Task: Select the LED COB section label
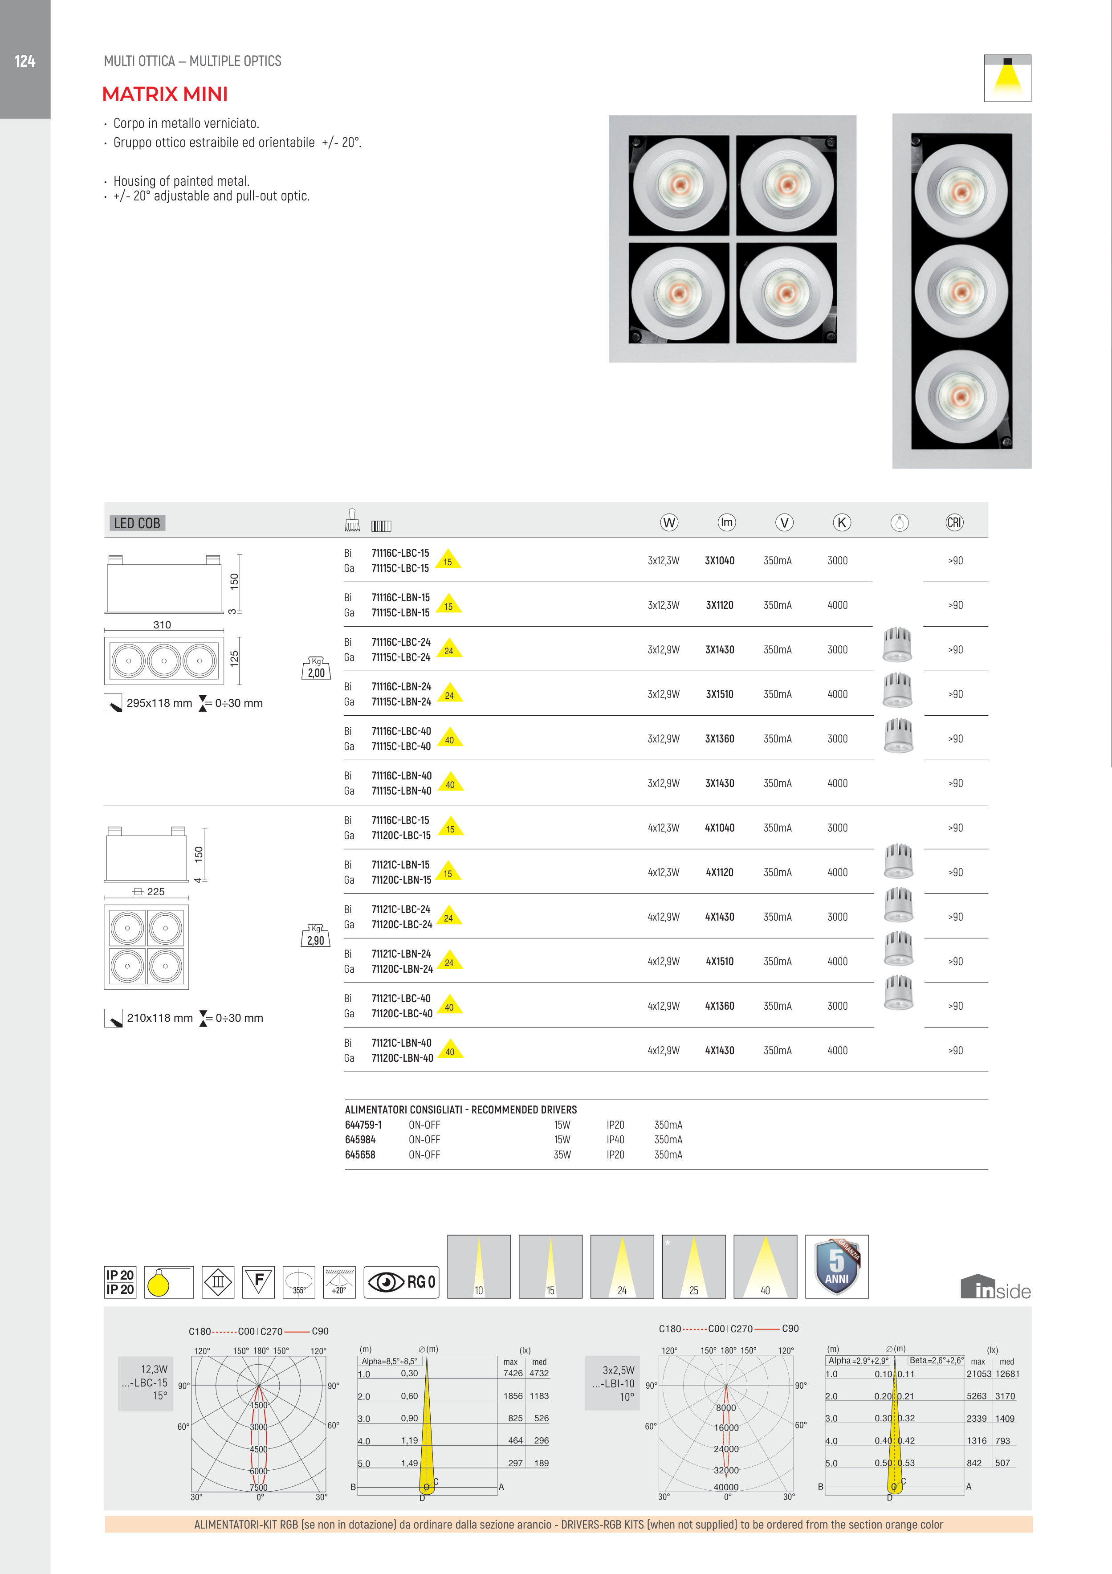tap(137, 523)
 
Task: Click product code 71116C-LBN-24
tap(401, 686)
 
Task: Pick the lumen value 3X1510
tap(719, 694)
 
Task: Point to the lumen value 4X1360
tap(719, 1007)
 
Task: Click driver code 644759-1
tap(363, 1125)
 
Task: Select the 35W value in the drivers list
tap(562, 1155)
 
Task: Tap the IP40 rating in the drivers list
tap(615, 1140)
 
